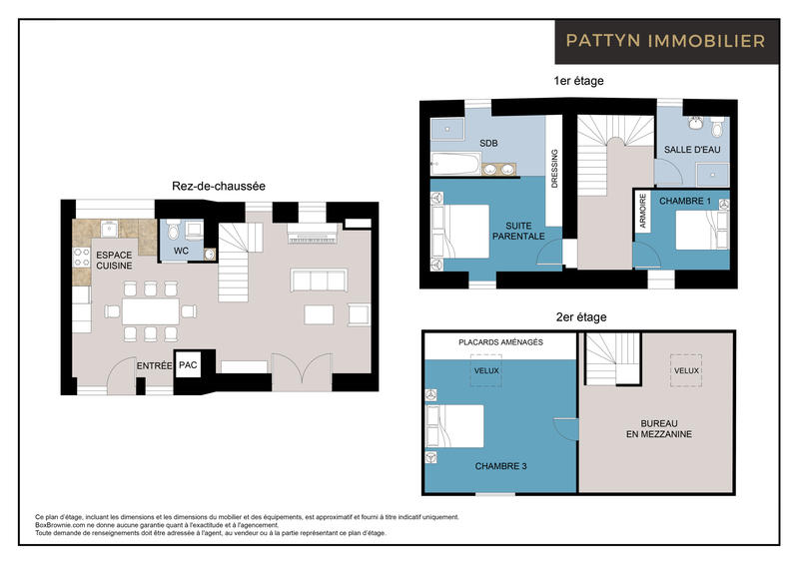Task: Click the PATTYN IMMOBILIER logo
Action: pos(665,41)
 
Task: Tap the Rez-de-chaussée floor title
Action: pos(219,186)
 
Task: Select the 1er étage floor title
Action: pos(578,81)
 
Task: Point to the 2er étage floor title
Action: pos(580,317)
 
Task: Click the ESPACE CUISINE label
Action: pos(114,261)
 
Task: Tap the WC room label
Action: pos(181,250)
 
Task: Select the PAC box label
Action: pos(188,366)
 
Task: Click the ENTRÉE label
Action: pos(154,366)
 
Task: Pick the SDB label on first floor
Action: pos(488,143)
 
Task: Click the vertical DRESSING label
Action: pos(555,169)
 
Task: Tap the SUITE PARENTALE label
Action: pos(518,231)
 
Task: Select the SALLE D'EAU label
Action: pos(692,149)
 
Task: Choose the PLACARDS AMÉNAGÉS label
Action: pos(500,342)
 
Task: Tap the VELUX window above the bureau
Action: pos(686,369)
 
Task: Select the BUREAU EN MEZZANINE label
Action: pos(658,428)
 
